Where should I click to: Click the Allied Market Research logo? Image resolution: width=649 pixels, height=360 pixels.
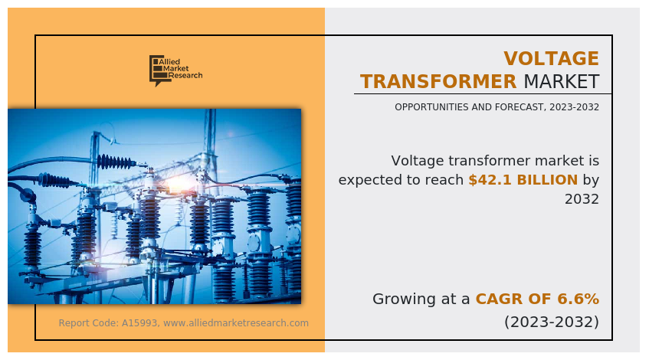click(x=175, y=70)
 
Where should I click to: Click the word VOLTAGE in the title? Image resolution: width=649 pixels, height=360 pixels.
click(x=551, y=59)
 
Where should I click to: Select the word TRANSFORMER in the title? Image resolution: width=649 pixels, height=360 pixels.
click(x=438, y=82)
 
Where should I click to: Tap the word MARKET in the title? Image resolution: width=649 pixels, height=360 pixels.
click(x=561, y=82)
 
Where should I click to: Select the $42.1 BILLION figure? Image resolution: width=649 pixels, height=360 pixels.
click(x=523, y=180)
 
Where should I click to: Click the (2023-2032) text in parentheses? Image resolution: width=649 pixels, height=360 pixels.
click(x=551, y=322)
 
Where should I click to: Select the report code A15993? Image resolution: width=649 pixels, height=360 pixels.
click(x=141, y=323)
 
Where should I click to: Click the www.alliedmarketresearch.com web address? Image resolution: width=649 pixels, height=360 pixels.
click(x=236, y=323)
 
